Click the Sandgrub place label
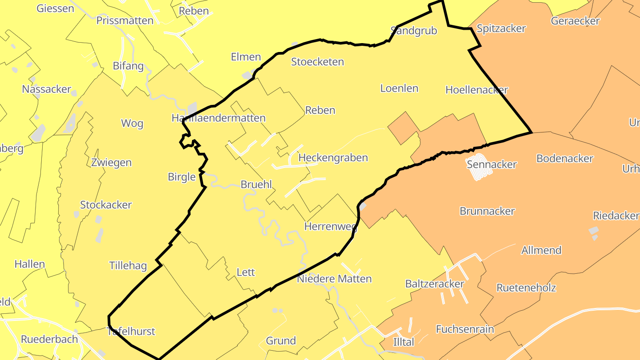pyautogui.click(x=414, y=31)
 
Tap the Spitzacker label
pyautogui.click(x=501, y=29)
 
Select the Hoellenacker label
pyautogui.click(x=476, y=90)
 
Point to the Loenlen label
pyautogui.click(x=399, y=88)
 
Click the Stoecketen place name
pyautogui.click(x=317, y=62)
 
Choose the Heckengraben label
pyautogui.click(x=333, y=158)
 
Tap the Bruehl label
pyautogui.click(x=256, y=184)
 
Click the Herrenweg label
pyautogui.click(x=330, y=227)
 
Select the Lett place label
pyautogui.click(x=246, y=272)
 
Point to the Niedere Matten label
pyautogui.click(x=334, y=279)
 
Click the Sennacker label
pyautogui.click(x=492, y=164)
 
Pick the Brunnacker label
pyautogui.click(x=487, y=211)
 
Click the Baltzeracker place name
pyautogui.click(x=435, y=284)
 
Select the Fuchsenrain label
pyautogui.click(x=465, y=329)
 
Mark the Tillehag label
pyautogui.click(x=128, y=266)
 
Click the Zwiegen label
pyautogui.click(x=111, y=163)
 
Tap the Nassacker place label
pyautogui.click(x=47, y=89)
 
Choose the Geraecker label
pyautogui.click(x=575, y=21)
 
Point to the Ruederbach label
pyautogui.click(x=49, y=339)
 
